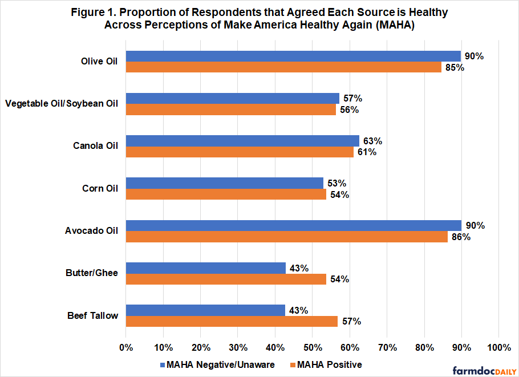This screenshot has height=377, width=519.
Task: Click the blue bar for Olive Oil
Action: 293,56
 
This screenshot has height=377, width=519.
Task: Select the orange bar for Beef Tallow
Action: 232,321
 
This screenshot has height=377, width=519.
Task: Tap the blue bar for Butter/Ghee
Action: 205,267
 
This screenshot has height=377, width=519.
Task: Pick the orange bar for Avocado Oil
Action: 286,237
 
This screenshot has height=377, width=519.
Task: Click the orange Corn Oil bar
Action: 226,194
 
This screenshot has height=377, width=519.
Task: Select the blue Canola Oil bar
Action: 242,141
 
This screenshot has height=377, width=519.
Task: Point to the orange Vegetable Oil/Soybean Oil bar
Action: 230,110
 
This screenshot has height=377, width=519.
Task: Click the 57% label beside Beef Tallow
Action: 351,321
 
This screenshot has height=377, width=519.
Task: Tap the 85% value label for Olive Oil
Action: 455,67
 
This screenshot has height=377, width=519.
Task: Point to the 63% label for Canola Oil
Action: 372,141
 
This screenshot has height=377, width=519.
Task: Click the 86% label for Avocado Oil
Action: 461,237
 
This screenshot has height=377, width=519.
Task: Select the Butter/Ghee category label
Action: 92,273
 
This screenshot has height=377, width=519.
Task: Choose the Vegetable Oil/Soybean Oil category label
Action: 62,104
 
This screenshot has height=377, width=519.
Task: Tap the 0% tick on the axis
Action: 125,347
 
